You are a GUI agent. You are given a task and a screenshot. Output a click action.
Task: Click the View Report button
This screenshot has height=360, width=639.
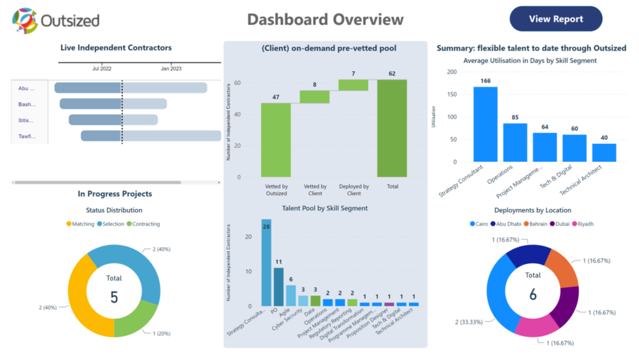[x=556, y=19]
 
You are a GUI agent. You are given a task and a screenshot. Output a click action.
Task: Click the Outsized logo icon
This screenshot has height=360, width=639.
[x=25, y=21]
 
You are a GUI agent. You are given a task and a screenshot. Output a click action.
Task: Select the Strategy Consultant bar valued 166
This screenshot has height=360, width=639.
[x=485, y=124]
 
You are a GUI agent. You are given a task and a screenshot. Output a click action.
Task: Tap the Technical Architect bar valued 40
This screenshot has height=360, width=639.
[x=604, y=153]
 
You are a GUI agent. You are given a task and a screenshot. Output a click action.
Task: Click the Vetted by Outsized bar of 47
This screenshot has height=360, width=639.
[x=275, y=140]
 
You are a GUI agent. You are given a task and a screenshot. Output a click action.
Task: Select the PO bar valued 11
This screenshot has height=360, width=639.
[x=278, y=286]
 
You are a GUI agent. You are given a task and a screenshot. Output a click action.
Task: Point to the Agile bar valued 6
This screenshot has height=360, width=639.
[x=291, y=295]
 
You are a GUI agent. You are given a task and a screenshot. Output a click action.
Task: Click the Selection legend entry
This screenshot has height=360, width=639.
[x=111, y=223]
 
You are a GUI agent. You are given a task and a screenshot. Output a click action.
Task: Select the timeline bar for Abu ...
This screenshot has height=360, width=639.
[x=130, y=88]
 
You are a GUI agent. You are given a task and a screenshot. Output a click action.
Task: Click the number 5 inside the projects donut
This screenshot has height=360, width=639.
[x=114, y=296]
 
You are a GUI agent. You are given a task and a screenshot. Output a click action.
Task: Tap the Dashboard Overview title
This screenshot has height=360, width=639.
[x=325, y=19]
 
